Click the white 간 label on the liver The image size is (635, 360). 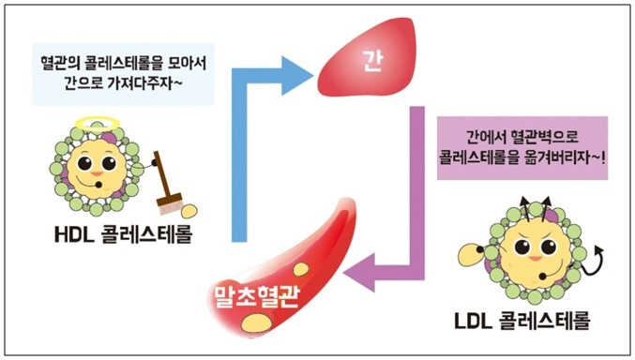373,62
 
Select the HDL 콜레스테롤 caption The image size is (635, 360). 124,234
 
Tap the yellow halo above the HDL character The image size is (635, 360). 98,122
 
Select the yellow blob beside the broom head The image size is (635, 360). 189,211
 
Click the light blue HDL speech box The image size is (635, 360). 124,74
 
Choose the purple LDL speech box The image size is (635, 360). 522,148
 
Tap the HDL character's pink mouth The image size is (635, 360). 97,174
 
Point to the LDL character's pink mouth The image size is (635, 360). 535,259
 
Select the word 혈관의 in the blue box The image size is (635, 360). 61,63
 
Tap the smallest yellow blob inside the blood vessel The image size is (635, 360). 301,269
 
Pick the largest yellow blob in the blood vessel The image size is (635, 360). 256,322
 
